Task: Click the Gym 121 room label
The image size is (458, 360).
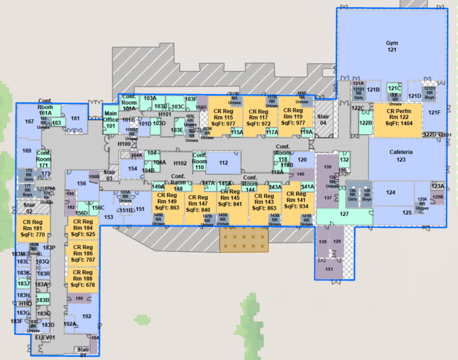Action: tap(391, 47)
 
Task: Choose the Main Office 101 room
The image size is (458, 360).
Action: tap(110, 119)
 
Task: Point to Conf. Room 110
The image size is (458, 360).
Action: tap(200, 161)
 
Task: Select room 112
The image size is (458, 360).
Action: tap(224, 162)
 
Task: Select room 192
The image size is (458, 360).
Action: tap(86, 316)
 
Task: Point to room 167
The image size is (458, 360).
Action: tap(29, 122)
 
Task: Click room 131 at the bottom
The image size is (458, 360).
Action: tap(329, 269)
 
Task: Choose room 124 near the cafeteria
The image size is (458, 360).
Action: tap(391, 193)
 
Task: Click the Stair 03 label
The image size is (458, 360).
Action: tap(109, 175)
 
